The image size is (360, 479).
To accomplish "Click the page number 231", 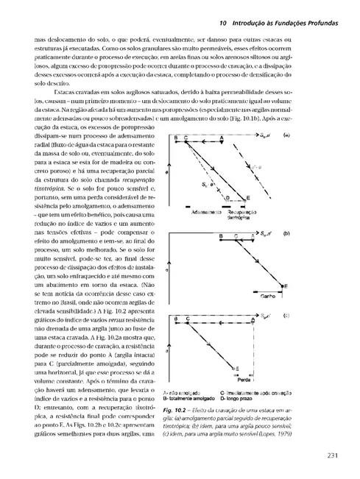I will point(332,454).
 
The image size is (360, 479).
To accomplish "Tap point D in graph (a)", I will point(228,199).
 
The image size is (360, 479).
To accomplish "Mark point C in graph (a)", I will point(186,138).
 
